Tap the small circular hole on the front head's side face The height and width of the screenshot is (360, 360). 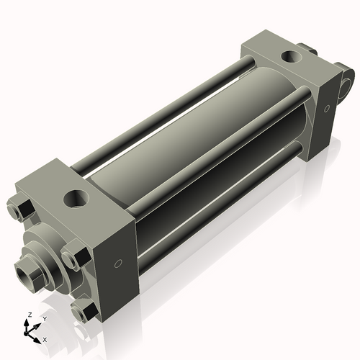pos(119,264)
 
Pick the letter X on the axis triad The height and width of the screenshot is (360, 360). pos(45,338)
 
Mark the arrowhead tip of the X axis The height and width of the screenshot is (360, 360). pos(40,337)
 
